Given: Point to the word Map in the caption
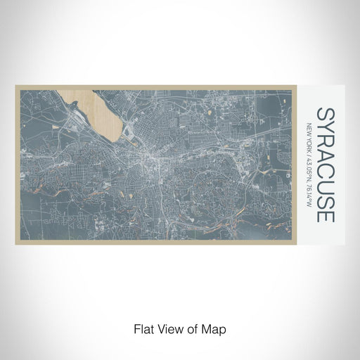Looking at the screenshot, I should pos(213,328).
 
